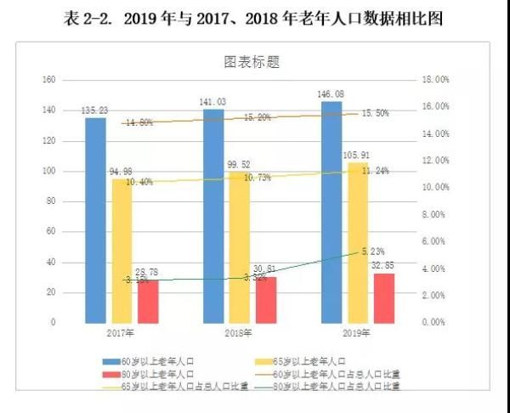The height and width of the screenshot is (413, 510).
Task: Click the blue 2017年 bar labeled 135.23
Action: point(95,219)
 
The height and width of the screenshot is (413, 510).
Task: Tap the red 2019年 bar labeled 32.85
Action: point(384,297)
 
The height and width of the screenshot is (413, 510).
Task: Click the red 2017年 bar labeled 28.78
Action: point(148,301)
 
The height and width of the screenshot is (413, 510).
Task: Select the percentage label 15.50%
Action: point(376,113)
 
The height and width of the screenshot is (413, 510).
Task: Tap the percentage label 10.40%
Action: point(139,182)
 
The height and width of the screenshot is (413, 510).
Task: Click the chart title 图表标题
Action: point(252,62)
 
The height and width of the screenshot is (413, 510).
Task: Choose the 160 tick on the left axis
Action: point(48,80)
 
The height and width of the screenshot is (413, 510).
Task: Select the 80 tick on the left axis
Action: point(51,201)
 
